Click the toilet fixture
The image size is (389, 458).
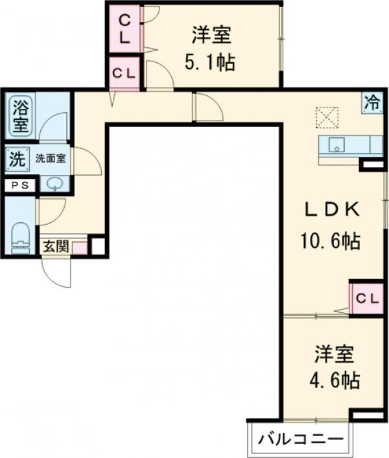point(21,236)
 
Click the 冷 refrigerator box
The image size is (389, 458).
point(371,102)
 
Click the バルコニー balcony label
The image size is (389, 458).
point(300,440)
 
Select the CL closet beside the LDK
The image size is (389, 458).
point(366,298)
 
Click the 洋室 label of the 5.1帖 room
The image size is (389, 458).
point(211,34)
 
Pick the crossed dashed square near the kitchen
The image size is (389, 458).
point(327,119)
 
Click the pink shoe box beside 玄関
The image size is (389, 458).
point(79,247)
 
